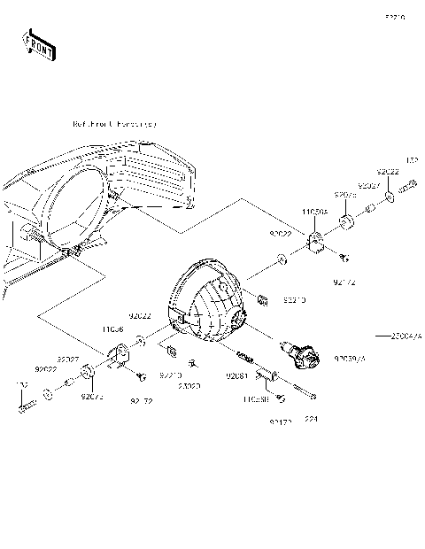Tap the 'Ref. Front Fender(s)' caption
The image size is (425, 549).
[x=115, y=125]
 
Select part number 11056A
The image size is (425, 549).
[x=314, y=213]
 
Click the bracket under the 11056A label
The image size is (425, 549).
[x=315, y=241]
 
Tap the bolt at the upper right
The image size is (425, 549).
[x=408, y=187]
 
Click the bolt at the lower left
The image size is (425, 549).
[x=27, y=406]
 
